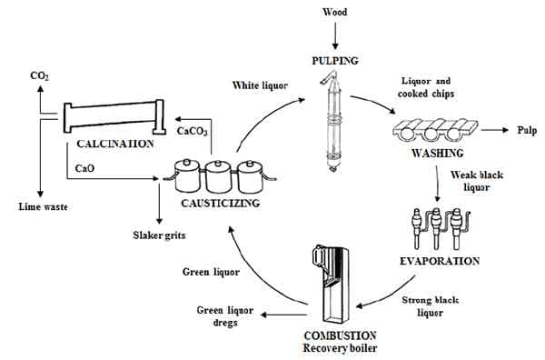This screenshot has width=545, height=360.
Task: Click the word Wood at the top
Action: point(335,13)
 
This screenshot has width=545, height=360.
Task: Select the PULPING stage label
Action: point(335,61)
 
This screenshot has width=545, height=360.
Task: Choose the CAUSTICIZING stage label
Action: point(217,203)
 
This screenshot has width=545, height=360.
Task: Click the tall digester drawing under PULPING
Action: point(332,123)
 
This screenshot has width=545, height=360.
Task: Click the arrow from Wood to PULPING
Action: point(335,36)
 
